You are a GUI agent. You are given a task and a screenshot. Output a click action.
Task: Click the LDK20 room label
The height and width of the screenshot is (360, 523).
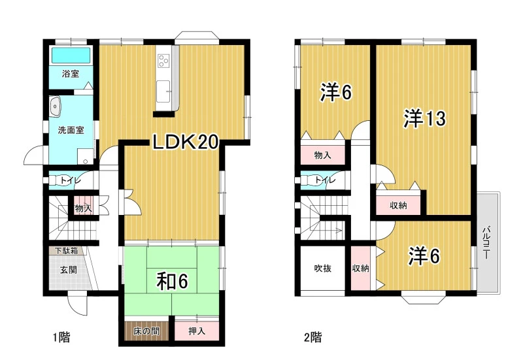pyautogui.click(x=186, y=142)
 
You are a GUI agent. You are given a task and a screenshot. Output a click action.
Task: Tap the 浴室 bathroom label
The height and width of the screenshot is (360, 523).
pyautogui.click(x=71, y=74)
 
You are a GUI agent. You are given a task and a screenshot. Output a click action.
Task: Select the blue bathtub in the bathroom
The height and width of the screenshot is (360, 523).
pyautogui.click(x=71, y=56)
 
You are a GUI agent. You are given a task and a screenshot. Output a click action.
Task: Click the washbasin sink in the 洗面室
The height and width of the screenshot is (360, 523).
pyautogui.click(x=55, y=106)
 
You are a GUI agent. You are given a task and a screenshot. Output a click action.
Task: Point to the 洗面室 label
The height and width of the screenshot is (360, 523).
pyautogui.click(x=71, y=130)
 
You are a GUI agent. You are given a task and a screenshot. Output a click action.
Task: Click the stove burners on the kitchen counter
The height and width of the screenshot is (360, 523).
pyautogui.click(x=163, y=61)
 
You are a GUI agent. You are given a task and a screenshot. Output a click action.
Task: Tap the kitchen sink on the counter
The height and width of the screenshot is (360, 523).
pyautogui.click(x=163, y=91)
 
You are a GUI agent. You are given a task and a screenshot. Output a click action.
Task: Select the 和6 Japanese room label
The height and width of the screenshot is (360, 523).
pyautogui.click(x=173, y=282)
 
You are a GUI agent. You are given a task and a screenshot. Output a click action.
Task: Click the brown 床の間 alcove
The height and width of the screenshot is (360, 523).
pyautogui.click(x=146, y=331)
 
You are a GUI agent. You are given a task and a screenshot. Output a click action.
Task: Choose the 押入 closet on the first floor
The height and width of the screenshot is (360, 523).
pyautogui.click(x=197, y=331)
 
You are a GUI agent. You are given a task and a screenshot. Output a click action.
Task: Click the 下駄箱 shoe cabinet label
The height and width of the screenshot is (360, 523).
pyautogui.click(x=67, y=251)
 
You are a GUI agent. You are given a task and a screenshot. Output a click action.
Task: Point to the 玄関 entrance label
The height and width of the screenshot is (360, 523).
pyautogui.click(x=69, y=270)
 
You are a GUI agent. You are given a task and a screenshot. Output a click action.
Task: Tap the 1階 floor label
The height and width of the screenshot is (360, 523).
pyautogui.click(x=61, y=338)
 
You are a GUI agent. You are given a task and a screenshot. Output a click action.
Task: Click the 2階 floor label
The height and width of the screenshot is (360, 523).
pyautogui.click(x=313, y=338)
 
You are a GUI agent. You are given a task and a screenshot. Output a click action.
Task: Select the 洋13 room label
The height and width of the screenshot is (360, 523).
pyautogui.click(x=424, y=118)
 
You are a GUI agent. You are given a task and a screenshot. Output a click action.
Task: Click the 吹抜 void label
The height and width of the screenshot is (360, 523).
pyautogui.click(x=323, y=269)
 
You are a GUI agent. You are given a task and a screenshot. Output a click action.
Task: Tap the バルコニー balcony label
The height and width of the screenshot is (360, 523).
pyautogui.click(x=486, y=242)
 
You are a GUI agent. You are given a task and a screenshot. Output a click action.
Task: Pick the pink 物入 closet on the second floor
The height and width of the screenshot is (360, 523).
pyautogui.click(x=322, y=155)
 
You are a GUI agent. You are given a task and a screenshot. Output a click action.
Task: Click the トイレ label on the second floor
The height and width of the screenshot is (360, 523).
pyautogui.click(x=325, y=180)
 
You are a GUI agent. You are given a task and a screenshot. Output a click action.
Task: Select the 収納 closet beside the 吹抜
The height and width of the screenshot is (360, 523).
pyautogui.click(x=361, y=269)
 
